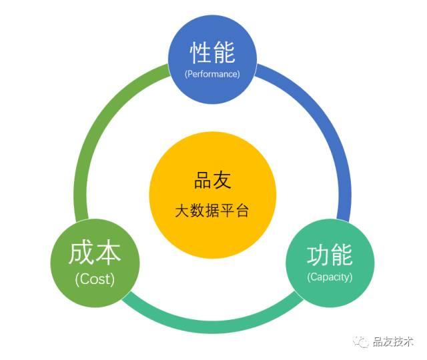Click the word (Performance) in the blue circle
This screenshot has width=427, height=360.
click(212, 74)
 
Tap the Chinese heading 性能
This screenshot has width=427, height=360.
click(212, 53)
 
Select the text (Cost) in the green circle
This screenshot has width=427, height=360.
click(95, 279)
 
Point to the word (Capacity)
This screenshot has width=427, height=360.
click(330, 277)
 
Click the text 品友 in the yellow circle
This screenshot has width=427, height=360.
click(213, 180)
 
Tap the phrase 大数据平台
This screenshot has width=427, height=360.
click(212, 211)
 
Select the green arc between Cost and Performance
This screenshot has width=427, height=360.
click(97, 120)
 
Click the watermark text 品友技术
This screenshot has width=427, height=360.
click(393, 342)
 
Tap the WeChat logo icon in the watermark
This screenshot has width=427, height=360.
click(361, 342)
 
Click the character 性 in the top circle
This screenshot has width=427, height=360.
click(201, 53)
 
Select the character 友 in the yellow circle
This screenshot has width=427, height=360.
click(222, 180)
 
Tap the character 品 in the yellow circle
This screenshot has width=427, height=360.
click(203, 180)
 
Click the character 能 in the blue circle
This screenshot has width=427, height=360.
click(224, 53)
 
